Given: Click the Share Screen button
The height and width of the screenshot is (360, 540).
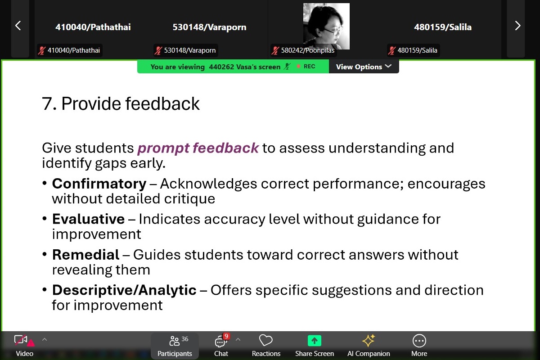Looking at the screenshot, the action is pyautogui.click(x=315, y=345).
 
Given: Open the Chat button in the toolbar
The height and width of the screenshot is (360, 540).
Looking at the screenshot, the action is pyautogui.click(x=221, y=345).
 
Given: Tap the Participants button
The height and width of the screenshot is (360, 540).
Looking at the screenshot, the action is pyautogui.click(x=175, y=345).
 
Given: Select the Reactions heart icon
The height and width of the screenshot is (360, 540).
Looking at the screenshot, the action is pyautogui.click(x=265, y=341).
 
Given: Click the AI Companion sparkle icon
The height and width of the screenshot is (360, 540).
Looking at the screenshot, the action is pyautogui.click(x=369, y=341).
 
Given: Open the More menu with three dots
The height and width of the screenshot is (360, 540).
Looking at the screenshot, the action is pyautogui.click(x=419, y=341).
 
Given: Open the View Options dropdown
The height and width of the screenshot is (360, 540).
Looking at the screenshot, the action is pyautogui.click(x=364, y=67).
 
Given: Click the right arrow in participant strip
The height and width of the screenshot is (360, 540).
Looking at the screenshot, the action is pyautogui.click(x=517, y=26).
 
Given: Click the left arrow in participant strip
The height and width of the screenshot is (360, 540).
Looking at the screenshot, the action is pyautogui.click(x=18, y=26).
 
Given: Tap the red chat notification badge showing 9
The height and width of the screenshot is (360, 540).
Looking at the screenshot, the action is pyautogui.click(x=226, y=336).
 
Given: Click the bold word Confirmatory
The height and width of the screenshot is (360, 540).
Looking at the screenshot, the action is pyautogui.click(x=99, y=184).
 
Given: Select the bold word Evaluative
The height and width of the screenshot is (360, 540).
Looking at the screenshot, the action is pyautogui.click(x=89, y=219).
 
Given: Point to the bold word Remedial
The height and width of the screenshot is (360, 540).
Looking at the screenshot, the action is pyautogui.click(x=85, y=255).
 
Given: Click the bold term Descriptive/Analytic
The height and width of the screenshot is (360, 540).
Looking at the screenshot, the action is pyautogui.click(x=124, y=290).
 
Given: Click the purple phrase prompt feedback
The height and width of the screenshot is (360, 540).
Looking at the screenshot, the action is pyautogui.click(x=198, y=148).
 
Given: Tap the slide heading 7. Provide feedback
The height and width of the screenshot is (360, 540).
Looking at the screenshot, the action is pyautogui.click(x=121, y=103).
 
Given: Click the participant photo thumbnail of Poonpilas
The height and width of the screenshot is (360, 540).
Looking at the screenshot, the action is pyautogui.click(x=326, y=26).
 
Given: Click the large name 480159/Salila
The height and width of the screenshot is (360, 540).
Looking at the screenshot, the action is pyautogui.click(x=443, y=27).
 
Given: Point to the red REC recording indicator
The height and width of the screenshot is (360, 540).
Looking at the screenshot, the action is pyautogui.click(x=306, y=66).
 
